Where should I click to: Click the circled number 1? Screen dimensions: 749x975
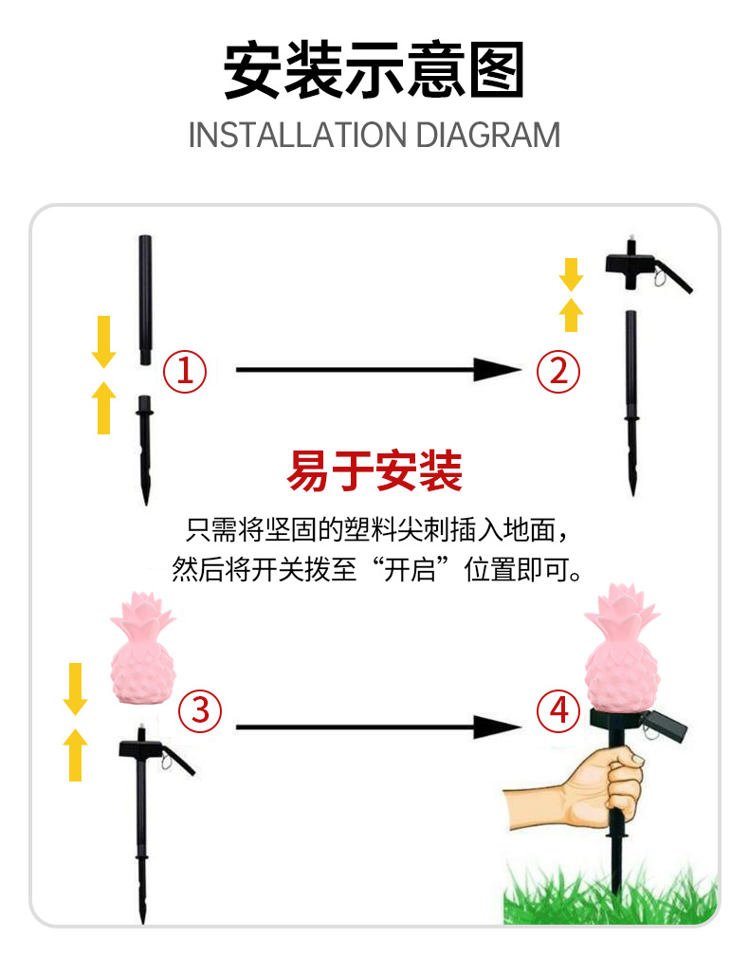point(185,371)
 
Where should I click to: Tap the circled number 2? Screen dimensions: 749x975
point(558,371)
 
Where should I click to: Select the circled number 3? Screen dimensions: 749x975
point(200,710)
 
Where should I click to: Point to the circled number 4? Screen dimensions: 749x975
point(558,710)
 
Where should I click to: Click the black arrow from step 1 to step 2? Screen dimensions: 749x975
point(378,369)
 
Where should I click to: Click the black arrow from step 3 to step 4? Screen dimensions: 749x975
point(378,727)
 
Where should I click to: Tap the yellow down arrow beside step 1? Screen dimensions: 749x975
point(103,341)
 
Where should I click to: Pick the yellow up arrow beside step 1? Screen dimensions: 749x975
point(103,407)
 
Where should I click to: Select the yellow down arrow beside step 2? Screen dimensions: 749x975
point(571,274)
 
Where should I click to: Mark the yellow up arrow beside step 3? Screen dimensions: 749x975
point(75,754)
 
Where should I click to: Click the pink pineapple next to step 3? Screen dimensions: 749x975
point(143,648)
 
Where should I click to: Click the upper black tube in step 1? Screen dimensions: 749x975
point(145,300)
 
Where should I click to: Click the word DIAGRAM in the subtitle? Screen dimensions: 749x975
point(487,135)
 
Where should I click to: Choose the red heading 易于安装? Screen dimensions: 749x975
point(374,470)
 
